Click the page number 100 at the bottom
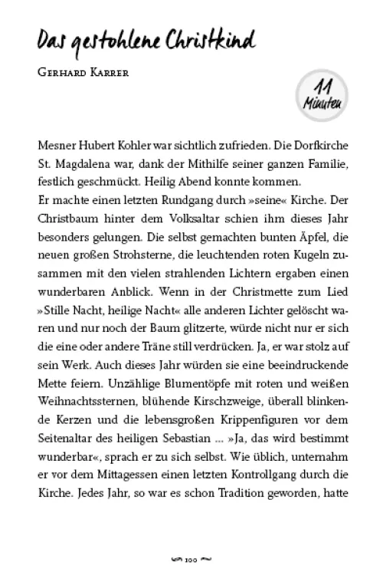pos(191,550)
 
